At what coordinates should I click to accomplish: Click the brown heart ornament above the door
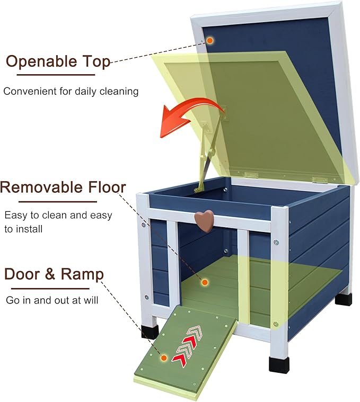pos(204,221)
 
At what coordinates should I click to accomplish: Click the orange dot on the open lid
pos(210,40)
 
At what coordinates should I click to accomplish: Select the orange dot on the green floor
pos(205,282)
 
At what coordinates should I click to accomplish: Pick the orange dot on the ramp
pos(164,358)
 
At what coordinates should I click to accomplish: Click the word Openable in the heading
pos(41,62)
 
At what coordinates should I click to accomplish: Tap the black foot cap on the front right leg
pos(279,365)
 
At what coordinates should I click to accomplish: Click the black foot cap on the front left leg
pos(150,332)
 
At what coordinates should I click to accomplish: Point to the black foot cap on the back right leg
pos(344,300)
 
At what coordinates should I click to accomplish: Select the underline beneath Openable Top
pos(56,75)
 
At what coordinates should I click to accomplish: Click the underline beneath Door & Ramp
pos(50,289)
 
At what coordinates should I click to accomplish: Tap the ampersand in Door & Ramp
pos(50,274)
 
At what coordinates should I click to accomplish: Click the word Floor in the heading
pos(107,187)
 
